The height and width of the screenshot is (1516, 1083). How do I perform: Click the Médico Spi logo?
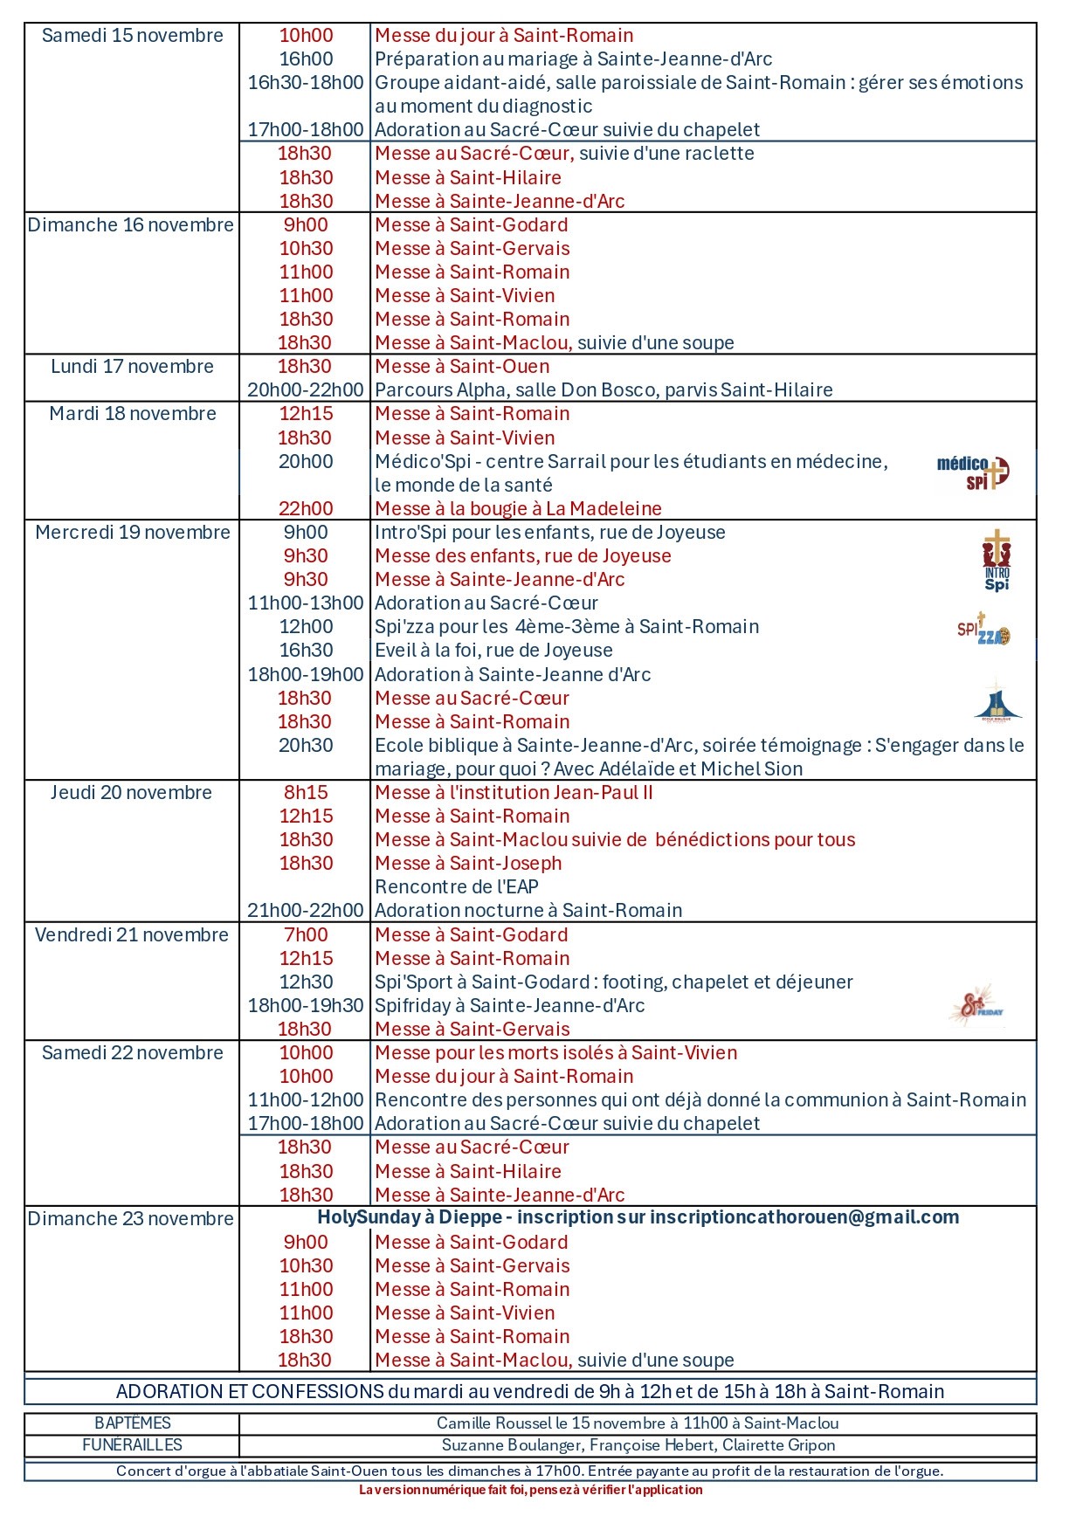(973, 472)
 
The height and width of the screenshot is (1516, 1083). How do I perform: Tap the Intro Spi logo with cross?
(997, 561)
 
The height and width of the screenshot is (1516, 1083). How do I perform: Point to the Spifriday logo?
(976, 1005)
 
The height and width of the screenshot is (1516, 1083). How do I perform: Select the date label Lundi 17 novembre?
(132, 367)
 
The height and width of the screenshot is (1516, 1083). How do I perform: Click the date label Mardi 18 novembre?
(133, 414)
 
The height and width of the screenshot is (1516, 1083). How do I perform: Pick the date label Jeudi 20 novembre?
(131, 793)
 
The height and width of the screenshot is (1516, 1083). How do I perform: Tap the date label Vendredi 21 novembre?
(132, 935)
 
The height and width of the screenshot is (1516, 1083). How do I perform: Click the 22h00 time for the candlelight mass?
(306, 509)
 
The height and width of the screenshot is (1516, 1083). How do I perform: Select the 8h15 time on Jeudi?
(306, 793)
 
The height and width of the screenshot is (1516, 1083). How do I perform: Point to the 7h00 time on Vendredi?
(306, 935)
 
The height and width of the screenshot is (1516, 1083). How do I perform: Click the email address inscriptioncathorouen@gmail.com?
(804, 1217)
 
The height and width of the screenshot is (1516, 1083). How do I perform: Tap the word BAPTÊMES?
(133, 1423)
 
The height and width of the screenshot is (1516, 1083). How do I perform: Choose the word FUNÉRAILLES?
(132, 1445)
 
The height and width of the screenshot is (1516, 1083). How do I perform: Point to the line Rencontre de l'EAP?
(457, 887)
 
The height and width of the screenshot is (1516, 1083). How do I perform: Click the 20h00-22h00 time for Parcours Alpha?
(306, 390)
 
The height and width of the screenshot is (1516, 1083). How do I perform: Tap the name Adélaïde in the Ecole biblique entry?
(631, 769)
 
